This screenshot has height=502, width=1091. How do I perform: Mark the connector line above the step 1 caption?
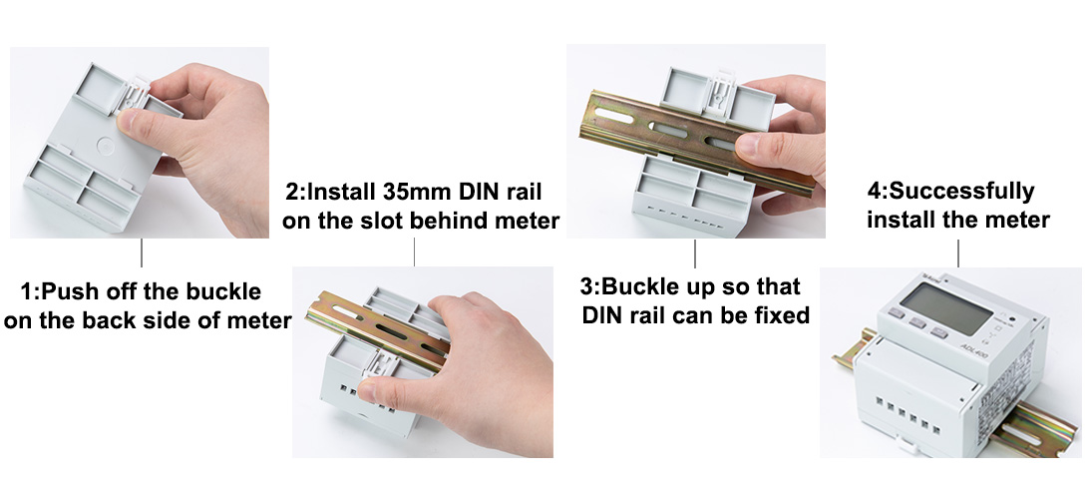tap(143, 252)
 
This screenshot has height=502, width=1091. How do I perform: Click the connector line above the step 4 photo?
tap(959, 253)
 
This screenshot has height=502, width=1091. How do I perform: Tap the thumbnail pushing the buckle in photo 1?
tap(129, 117)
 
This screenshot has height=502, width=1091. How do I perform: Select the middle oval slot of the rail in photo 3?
tap(665, 130)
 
